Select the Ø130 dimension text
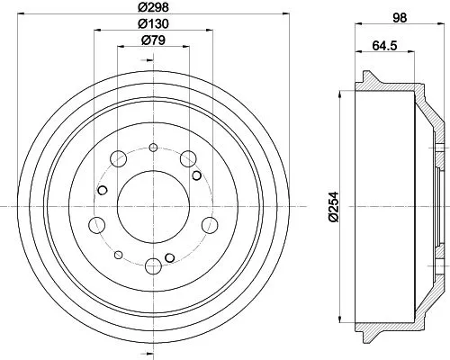(x=153, y=24)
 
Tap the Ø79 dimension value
(x=153, y=41)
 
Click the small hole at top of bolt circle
(x=153, y=148)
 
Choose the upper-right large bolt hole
(x=188, y=158)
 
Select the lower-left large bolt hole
(x=97, y=224)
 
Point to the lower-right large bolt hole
(x=210, y=224)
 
